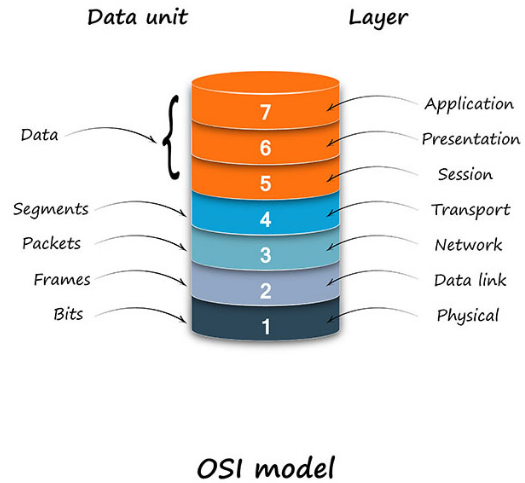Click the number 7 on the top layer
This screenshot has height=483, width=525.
coord(264,112)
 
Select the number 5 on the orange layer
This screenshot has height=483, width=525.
coord(264,182)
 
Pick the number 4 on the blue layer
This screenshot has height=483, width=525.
coord(265,219)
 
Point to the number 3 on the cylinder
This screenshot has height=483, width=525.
coord(265,255)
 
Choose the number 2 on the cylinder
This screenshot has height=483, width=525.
coord(265,291)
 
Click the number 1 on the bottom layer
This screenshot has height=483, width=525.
coord(265,326)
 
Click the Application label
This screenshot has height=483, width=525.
coord(469,104)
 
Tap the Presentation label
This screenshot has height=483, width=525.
coord(471,139)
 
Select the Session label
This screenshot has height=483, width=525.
coord(465,174)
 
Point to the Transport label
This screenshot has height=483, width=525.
coord(470,210)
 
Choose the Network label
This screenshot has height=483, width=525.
coord(467,245)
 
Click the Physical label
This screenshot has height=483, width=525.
coord(467,316)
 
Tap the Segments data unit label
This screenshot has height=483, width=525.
coord(51,209)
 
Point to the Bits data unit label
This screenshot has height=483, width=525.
coord(67,314)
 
